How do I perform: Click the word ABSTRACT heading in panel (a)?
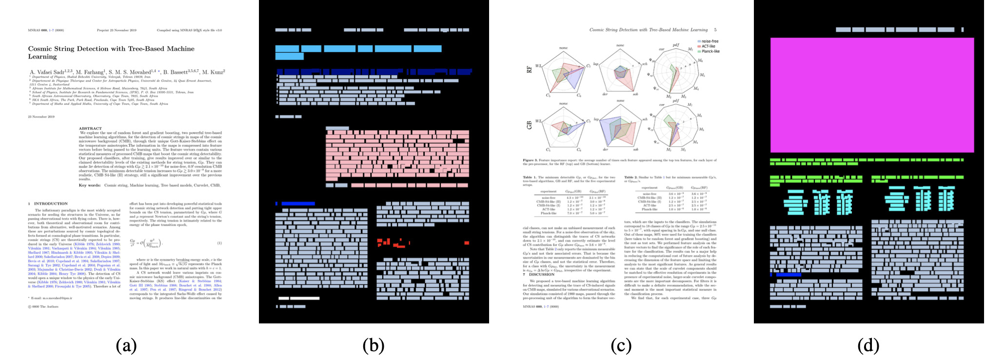[x=90, y=129]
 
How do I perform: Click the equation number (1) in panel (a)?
[x=219, y=243]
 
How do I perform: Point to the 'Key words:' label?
[x=90, y=185]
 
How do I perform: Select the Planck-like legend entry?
[x=710, y=51]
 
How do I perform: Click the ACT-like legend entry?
[x=708, y=46]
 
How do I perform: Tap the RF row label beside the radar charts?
[x=529, y=69]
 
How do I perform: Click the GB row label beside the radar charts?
[x=529, y=125]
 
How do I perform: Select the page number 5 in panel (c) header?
[x=715, y=30]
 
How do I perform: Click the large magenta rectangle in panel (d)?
[x=871, y=95]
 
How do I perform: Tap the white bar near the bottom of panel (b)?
[x=298, y=298]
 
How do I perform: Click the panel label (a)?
[x=126, y=345]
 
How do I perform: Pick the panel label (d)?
[x=868, y=345]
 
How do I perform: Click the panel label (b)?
[x=374, y=345]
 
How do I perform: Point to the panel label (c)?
[x=621, y=345]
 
